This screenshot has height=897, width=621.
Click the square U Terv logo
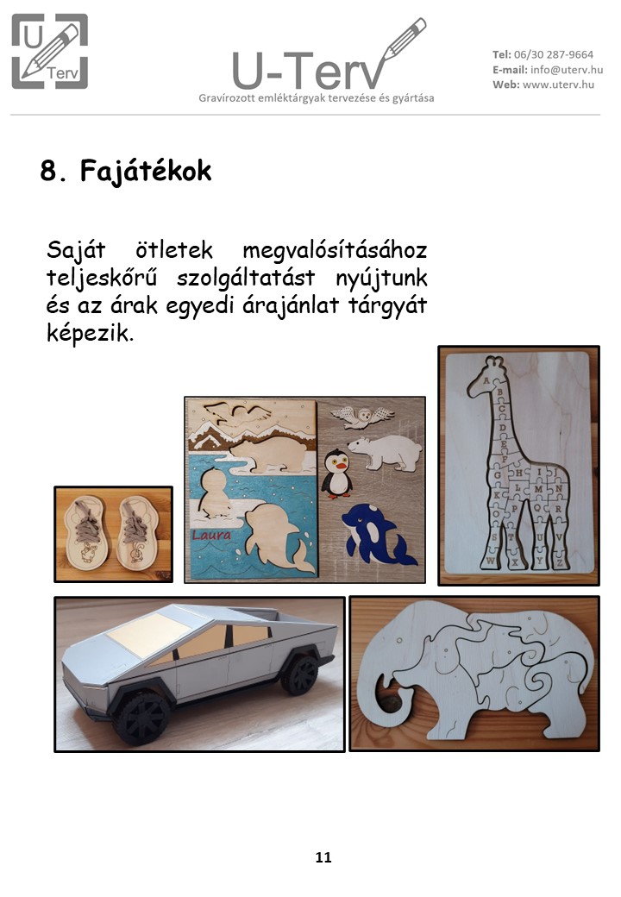(50, 52)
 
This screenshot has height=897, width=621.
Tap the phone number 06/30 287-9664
(554, 55)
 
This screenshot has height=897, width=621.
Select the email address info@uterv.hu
(567, 70)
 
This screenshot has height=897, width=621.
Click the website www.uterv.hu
(558, 85)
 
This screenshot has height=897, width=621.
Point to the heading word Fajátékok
(146, 171)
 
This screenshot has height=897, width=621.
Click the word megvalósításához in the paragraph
(335, 251)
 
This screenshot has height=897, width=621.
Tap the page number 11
(323, 857)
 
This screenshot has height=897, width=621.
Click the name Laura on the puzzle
(211, 536)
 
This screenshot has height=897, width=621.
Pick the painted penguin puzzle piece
(336, 474)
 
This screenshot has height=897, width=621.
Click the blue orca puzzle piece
(377, 534)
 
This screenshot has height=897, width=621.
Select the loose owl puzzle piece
(362, 417)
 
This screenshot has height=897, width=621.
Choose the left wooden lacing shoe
(86, 530)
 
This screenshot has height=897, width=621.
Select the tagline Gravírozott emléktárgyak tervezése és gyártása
(317, 98)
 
